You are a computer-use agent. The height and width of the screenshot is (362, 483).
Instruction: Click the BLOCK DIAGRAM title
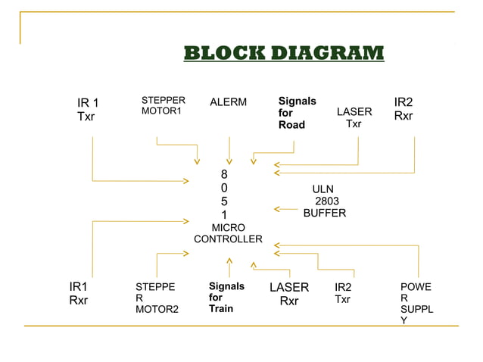click(284, 53)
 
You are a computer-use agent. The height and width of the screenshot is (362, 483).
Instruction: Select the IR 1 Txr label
click(89, 110)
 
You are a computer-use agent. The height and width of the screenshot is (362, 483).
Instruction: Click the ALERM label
click(228, 102)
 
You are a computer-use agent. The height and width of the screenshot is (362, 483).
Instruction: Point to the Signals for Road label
click(297, 113)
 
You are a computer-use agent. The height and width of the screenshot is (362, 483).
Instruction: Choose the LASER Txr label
click(354, 117)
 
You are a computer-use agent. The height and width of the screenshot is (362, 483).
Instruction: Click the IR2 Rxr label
click(404, 109)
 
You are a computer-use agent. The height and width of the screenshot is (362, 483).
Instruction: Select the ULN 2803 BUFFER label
click(325, 201)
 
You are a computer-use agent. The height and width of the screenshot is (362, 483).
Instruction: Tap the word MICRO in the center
click(228, 227)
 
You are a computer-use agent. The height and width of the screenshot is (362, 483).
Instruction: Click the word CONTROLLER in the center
click(228, 239)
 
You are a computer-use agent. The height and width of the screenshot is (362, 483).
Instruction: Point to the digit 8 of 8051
click(224, 174)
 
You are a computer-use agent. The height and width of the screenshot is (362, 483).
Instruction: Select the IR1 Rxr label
click(79, 293)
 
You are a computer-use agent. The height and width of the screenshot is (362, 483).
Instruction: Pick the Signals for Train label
click(226, 298)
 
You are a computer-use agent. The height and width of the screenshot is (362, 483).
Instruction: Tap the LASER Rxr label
click(289, 294)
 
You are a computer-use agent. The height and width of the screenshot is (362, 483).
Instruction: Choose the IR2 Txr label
click(343, 293)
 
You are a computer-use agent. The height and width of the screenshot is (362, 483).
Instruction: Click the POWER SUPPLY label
click(417, 304)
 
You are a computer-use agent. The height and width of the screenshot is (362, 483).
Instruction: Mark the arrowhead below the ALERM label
click(229, 161)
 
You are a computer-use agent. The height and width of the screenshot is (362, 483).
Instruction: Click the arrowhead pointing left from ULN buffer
click(277, 208)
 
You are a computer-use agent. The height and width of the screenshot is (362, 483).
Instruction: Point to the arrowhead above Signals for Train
click(229, 261)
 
